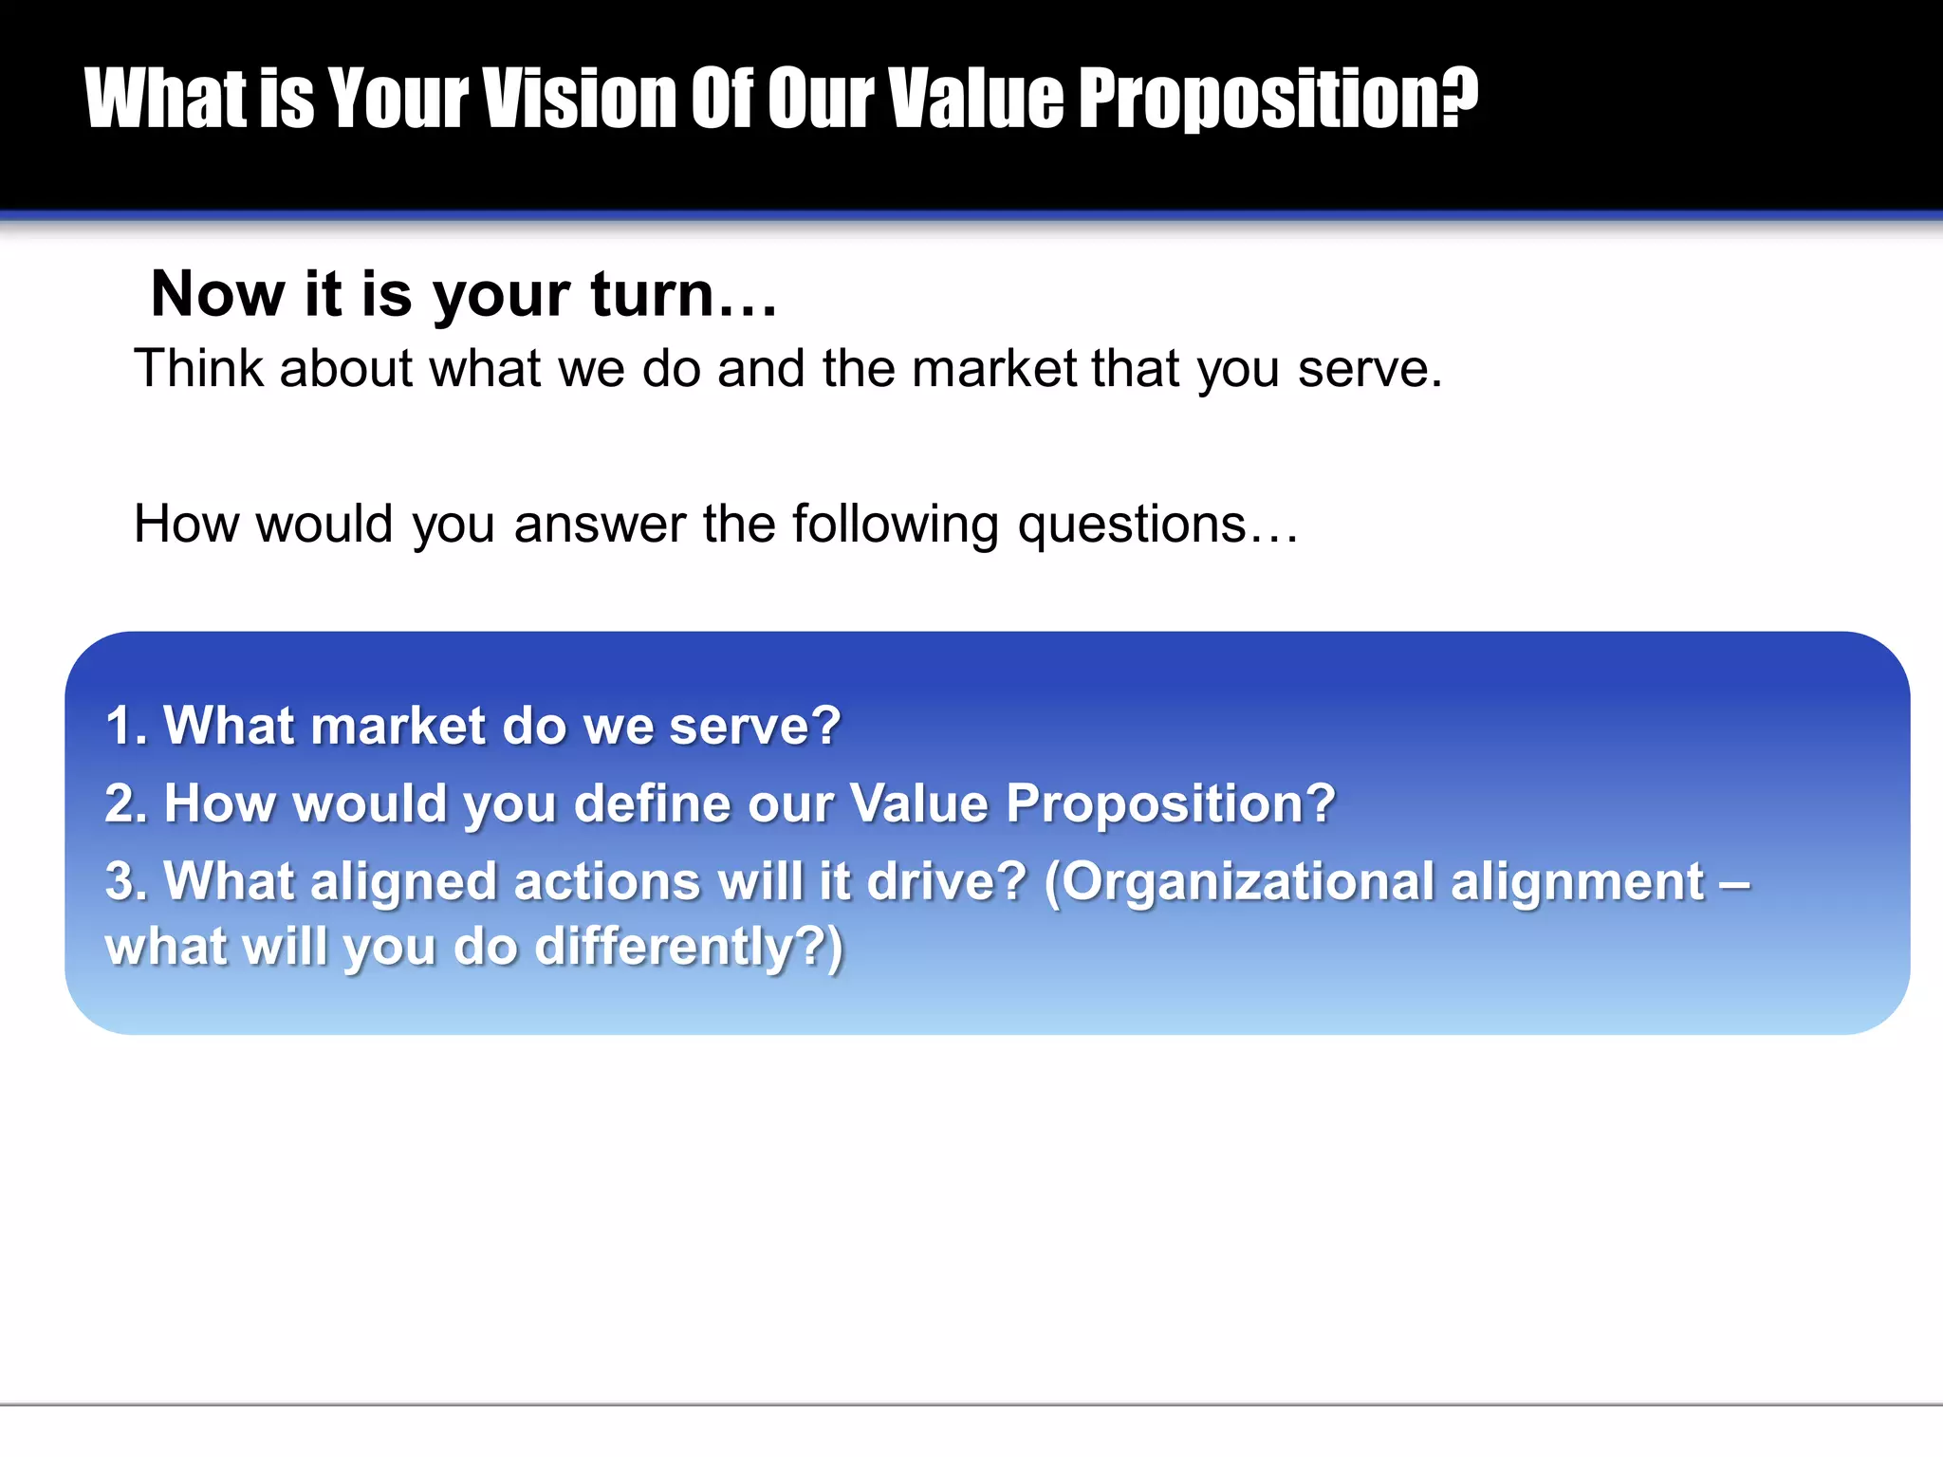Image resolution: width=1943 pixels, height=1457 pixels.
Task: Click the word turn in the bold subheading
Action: pyautogui.click(x=653, y=294)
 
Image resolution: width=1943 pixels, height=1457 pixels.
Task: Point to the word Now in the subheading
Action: pyautogui.click(x=217, y=294)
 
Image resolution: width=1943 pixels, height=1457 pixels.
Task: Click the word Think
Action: pyautogui.click(x=197, y=368)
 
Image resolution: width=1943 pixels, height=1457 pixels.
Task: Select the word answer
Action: pyautogui.click(x=600, y=524)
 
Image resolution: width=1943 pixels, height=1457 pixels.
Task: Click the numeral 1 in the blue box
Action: pyautogui.click(x=120, y=727)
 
